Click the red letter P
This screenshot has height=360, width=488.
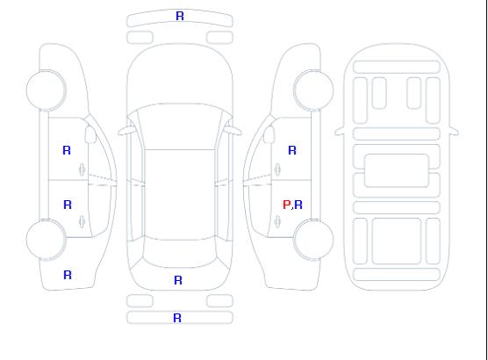286,205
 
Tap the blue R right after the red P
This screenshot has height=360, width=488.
298,205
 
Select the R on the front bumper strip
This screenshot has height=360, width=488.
180,16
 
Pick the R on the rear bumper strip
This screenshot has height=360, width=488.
177,318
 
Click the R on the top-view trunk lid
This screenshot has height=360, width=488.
178,280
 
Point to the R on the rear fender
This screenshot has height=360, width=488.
68,275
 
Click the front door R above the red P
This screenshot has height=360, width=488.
292,150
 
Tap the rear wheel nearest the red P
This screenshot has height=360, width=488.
313,240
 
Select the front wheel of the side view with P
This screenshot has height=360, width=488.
313,90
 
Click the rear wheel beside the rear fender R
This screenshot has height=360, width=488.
46,240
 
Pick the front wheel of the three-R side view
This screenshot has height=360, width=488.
46,90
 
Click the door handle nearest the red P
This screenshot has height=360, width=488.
277,221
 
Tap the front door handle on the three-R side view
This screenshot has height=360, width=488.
83,169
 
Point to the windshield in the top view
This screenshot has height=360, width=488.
180,126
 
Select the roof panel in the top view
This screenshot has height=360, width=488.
180,195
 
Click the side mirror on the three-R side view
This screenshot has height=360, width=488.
90,134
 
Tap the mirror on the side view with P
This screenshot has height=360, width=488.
269,134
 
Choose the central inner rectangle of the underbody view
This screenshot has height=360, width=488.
397,170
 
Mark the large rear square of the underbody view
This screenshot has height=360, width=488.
397,241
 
